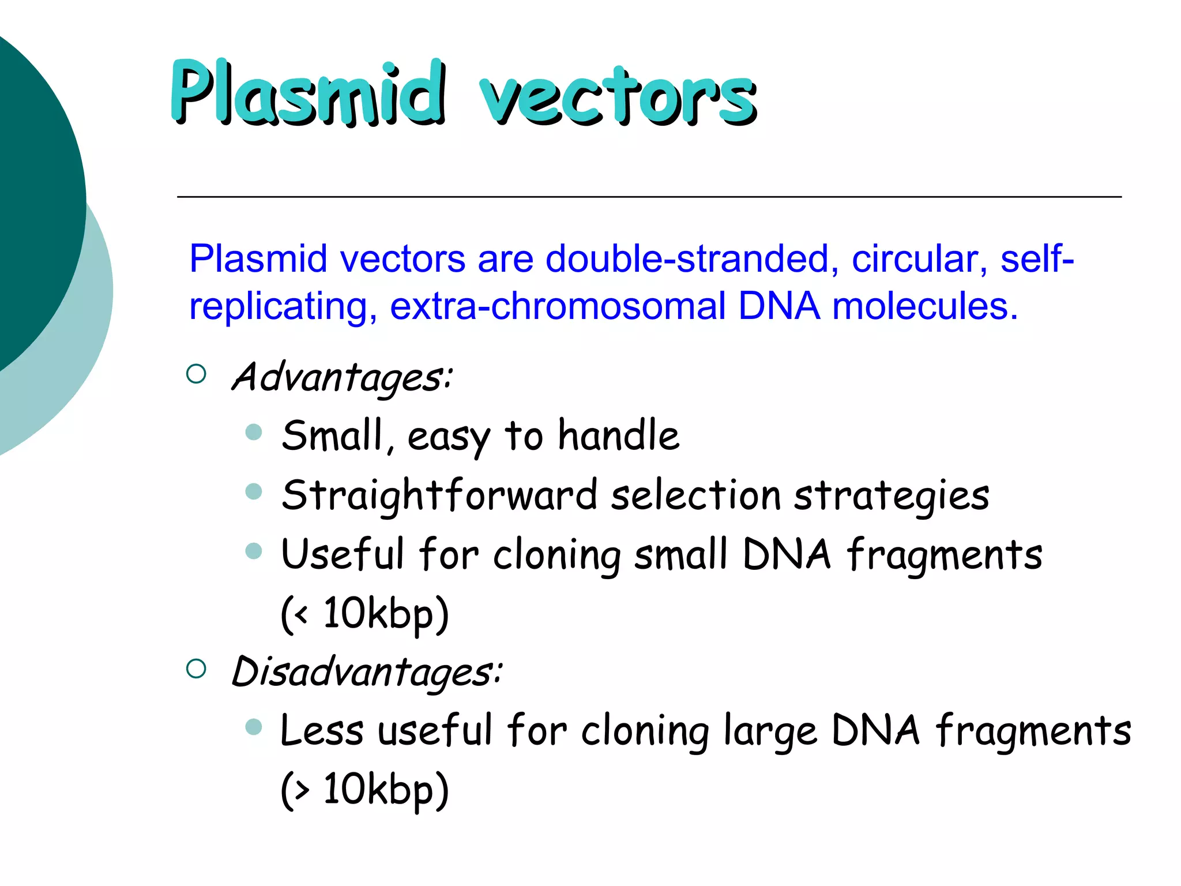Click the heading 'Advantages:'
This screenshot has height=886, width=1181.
(342, 377)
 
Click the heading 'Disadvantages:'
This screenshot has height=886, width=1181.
(367, 672)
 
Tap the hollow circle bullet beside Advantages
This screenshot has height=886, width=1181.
(197, 374)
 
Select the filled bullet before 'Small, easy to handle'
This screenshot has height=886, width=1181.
(254, 432)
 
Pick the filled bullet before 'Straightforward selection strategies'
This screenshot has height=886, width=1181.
(254, 491)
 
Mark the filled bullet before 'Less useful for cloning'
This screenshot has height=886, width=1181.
(254, 727)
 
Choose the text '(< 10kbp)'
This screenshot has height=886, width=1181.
(364, 614)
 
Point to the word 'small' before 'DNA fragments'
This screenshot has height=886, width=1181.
(680, 555)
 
